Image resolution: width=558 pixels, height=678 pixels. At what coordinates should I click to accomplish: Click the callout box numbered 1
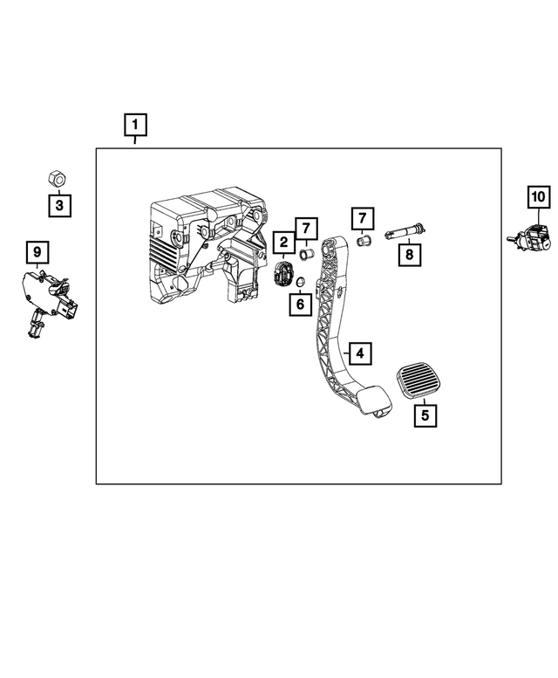[x=135, y=127]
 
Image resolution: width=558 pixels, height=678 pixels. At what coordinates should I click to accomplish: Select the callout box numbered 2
[x=283, y=242]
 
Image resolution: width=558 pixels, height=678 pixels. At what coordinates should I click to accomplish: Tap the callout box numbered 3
[x=59, y=206]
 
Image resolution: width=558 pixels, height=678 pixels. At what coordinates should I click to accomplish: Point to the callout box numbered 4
[x=360, y=353]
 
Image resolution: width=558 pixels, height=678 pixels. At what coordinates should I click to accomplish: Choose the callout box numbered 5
[x=425, y=415]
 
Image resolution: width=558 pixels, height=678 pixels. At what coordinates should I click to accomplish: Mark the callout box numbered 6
[x=300, y=305]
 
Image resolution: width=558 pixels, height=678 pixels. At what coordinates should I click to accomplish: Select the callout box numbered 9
[x=37, y=253]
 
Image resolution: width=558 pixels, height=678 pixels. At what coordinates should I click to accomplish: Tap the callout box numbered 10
[x=538, y=197]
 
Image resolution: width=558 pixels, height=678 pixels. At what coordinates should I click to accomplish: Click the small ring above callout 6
[x=296, y=281]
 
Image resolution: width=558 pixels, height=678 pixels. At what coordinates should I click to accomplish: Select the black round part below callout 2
[x=284, y=274]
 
